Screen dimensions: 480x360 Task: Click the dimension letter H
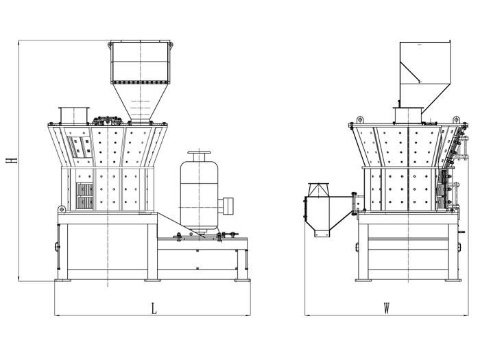tap(12, 160)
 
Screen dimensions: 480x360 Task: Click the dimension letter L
tap(154, 309)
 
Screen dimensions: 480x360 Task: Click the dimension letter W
tap(387, 309)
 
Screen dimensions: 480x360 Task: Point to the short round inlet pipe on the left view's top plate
tap(74, 116)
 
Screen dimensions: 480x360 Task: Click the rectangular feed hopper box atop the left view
tap(140, 62)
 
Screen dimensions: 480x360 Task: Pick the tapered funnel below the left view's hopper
tap(140, 103)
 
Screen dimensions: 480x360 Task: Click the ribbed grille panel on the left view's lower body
tap(85, 196)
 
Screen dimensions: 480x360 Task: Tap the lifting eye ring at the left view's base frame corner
tap(62, 209)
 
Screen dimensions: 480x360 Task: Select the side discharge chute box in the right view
tap(328, 211)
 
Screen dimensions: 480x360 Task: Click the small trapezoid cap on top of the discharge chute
tap(318, 189)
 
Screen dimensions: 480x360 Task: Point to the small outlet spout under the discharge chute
tap(322, 233)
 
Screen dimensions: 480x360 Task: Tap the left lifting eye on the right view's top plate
tap(360, 119)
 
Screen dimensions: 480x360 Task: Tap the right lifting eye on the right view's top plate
tap(457, 119)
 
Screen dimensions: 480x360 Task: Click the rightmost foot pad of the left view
tap(242, 280)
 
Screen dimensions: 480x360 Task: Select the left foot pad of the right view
tap(363, 280)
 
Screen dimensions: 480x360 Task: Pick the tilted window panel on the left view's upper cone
tap(80, 147)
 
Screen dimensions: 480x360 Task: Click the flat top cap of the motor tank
tap(199, 153)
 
